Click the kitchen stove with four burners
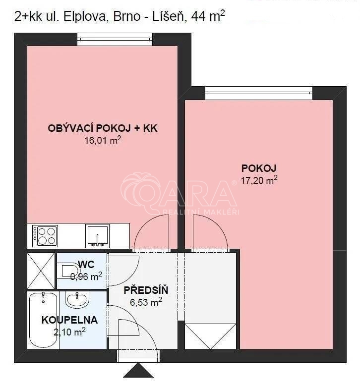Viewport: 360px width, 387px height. click(45, 236)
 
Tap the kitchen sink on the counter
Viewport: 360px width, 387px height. click(97, 236)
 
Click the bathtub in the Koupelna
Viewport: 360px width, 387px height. click(43, 320)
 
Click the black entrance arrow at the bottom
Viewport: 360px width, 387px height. click(138, 370)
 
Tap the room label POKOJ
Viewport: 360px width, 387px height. click(259, 168)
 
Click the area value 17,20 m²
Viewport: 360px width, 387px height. click(259, 180)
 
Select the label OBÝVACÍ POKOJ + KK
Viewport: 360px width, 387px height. click(103, 128)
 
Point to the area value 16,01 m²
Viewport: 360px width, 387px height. click(103, 140)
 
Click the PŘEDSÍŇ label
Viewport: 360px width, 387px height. click(146, 290)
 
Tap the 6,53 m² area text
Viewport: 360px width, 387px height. click(146, 302)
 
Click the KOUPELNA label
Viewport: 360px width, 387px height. click(69, 320)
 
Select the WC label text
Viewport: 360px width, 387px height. click(86, 264)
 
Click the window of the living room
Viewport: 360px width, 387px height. click(115, 39)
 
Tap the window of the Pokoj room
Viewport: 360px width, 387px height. click(259, 93)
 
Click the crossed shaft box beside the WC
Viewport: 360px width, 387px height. click(41, 271)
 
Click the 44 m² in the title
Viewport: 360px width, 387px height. click(208, 16)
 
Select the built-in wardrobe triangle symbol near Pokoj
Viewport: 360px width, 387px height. click(210, 336)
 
